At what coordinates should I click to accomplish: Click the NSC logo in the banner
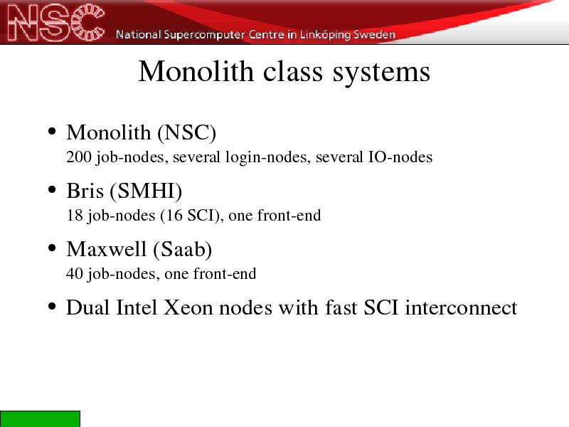click(56, 22)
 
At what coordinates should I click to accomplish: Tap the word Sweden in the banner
click(374, 34)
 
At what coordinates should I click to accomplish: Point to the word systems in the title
click(381, 73)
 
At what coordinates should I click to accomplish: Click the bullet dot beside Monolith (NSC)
click(52, 131)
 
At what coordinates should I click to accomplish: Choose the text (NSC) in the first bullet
click(187, 132)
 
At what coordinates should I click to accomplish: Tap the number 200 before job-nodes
click(79, 157)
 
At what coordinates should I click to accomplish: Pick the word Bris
click(85, 190)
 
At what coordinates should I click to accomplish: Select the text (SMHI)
click(146, 191)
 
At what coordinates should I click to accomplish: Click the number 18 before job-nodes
click(75, 216)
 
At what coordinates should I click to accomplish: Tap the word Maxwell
click(106, 249)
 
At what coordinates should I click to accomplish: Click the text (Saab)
click(183, 250)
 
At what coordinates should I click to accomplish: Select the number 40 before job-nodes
click(75, 274)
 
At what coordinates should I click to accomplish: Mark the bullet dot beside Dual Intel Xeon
click(52, 307)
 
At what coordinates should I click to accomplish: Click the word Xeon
click(188, 307)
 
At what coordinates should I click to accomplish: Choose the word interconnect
click(461, 307)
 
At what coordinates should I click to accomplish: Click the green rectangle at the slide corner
click(40, 419)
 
